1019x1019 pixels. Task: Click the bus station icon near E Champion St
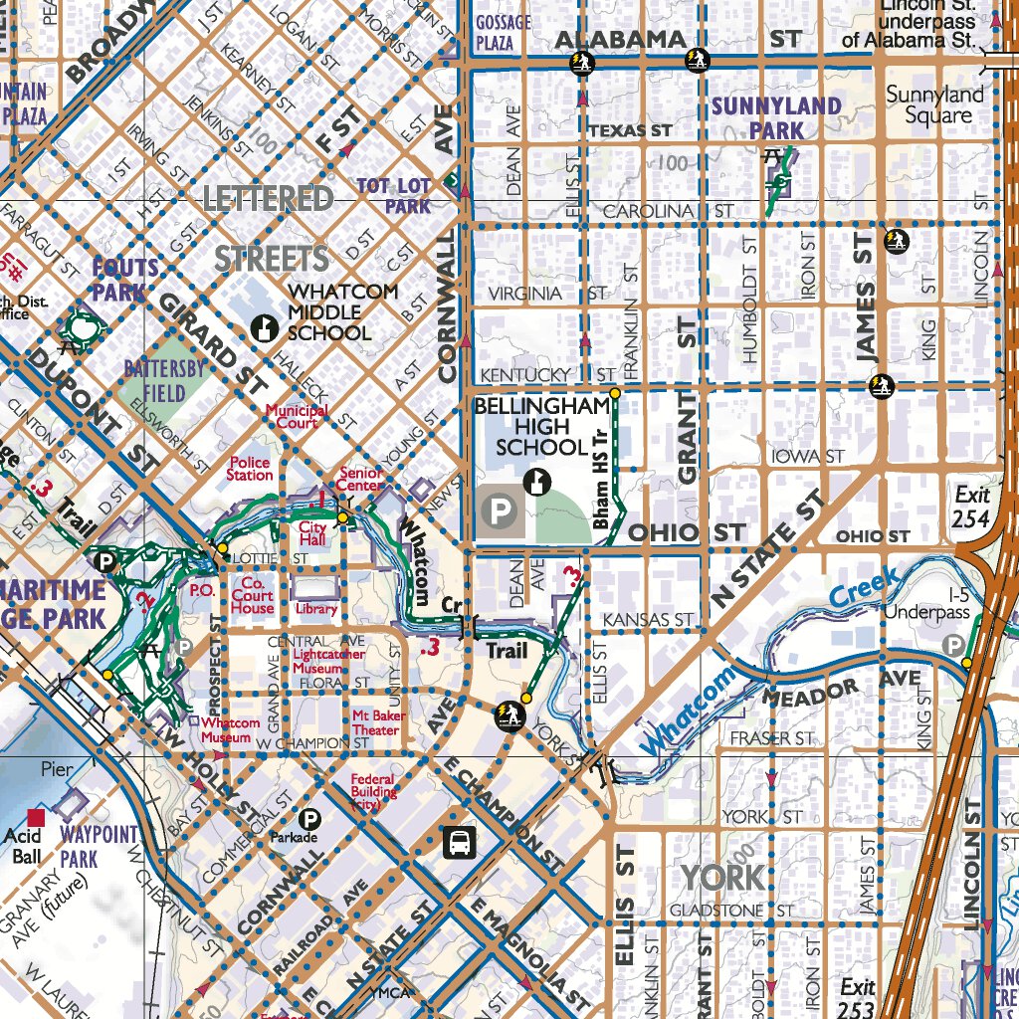pyautogui.click(x=459, y=842)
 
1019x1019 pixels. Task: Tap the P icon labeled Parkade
pyautogui.click(x=310, y=819)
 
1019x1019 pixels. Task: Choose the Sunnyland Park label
pyautogui.click(x=777, y=117)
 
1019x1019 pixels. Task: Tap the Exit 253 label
pyautogui.click(x=857, y=995)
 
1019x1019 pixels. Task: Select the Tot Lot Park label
pyautogui.click(x=394, y=196)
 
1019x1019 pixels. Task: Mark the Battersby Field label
pyautogui.click(x=164, y=380)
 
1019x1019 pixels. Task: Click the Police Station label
pyautogui.click(x=250, y=469)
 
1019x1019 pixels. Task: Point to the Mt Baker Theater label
pyautogui.click(x=375, y=722)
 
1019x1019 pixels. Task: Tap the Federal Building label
pyautogui.click(x=372, y=792)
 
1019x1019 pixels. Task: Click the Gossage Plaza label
pyautogui.click(x=504, y=33)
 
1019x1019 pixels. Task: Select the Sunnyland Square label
pyautogui.click(x=934, y=105)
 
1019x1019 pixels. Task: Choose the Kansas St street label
pyautogui.click(x=648, y=620)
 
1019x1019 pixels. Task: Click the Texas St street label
pyautogui.click(x=630, y=130)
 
